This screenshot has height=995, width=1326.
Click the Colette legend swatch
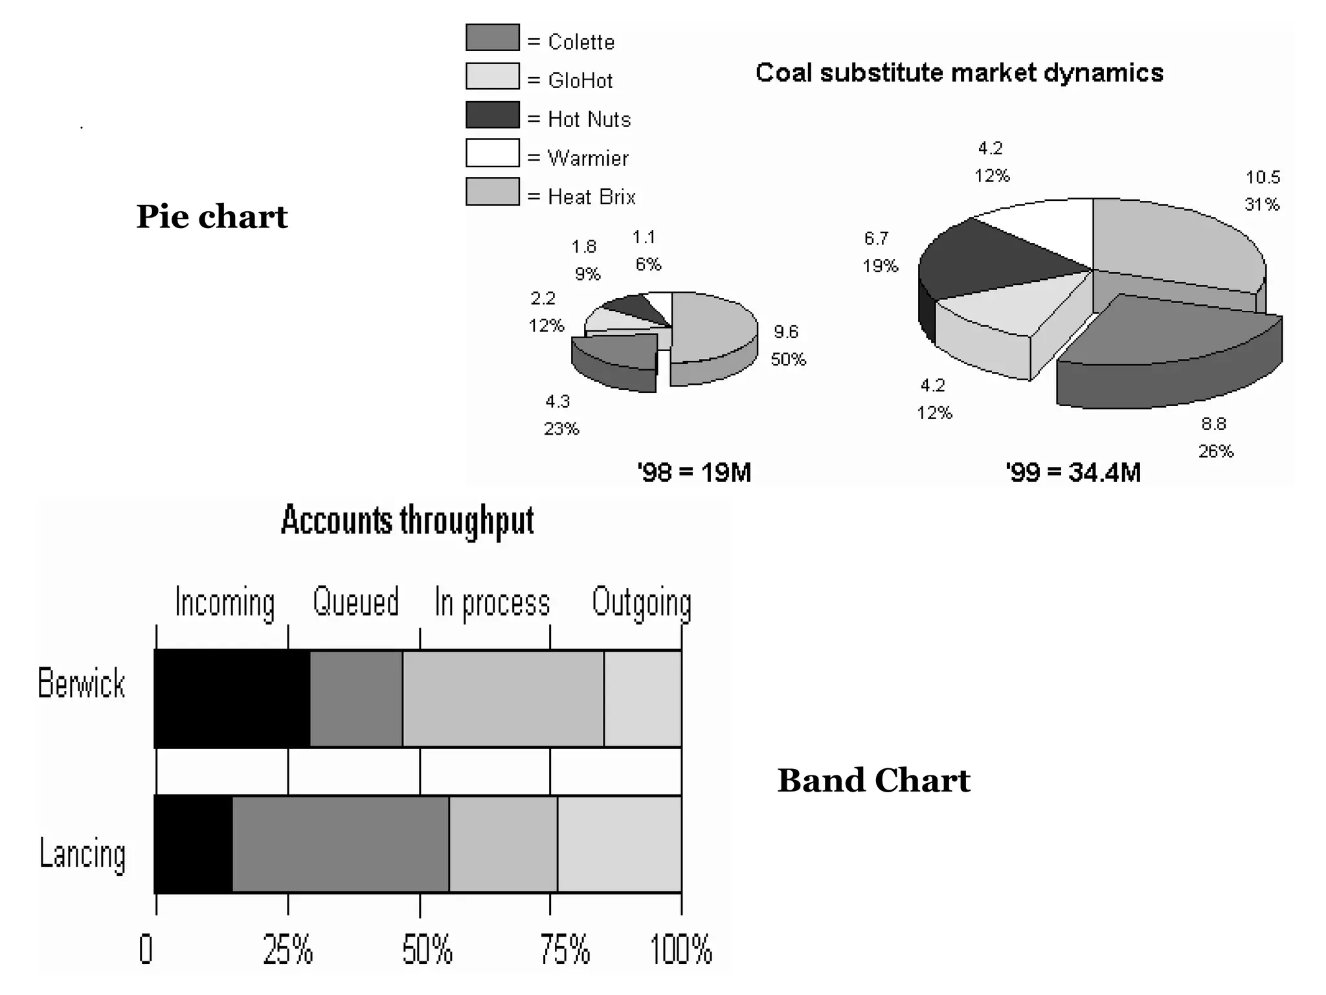(492, 38)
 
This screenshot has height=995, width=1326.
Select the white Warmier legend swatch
(492, 153)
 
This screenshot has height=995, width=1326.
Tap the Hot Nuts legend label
(589, 119)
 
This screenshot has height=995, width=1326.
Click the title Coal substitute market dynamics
(959, 73)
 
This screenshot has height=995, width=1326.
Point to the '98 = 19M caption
(694, 472)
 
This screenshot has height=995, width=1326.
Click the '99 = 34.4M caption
(1073, 472)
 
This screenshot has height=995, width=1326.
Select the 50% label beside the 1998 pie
(788, 359)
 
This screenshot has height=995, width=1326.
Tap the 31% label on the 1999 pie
(1262, 205)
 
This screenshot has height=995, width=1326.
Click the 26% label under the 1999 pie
(1215, 451)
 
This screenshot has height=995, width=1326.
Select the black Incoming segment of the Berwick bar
(232, 698)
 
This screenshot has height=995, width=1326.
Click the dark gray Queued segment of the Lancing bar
(340, 844)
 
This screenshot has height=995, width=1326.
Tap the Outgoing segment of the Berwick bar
(642, 698)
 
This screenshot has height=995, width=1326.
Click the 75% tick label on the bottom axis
(565, 950)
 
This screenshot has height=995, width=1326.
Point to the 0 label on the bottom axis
(146, 950)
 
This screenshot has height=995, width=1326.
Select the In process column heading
(492, 602)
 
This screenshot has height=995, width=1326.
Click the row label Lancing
(82, 853)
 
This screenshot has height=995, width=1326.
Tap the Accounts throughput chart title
(407, 520)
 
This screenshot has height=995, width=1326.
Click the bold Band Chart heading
(873, 780)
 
